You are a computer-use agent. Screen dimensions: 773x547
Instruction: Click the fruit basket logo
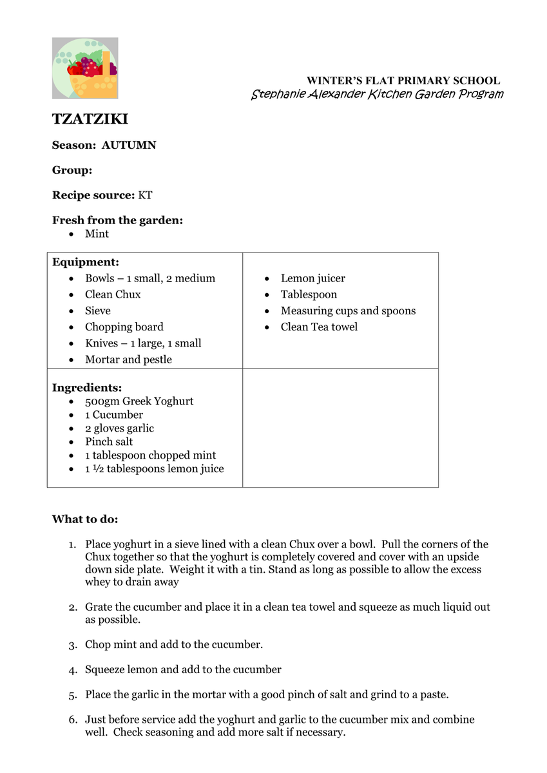click(85, 68)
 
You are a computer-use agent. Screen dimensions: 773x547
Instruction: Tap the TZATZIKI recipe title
click(90, 119)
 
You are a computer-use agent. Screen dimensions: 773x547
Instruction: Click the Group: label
click(72, 170)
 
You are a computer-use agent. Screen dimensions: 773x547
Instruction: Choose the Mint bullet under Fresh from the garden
click(97, 234)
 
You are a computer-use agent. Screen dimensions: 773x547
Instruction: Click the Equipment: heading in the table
click(85, 262)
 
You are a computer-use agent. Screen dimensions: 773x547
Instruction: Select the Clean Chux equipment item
click(113, 294)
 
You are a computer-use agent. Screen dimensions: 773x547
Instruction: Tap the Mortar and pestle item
click(128, 359)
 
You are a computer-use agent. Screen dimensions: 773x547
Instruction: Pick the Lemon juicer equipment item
click(312, 278)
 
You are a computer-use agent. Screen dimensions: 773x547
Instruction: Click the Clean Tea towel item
click(319, 327)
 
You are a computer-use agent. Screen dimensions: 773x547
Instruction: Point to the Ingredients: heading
click(87, 388)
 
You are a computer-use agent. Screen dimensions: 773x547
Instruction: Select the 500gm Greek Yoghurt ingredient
click(139, 401)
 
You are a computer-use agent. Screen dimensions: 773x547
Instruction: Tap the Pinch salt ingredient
click(109, 442)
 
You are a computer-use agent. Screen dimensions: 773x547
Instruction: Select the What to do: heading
click(85, 519)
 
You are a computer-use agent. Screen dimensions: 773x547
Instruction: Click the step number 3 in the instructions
click(73, 645)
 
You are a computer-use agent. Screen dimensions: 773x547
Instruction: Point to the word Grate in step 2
click(98, 607)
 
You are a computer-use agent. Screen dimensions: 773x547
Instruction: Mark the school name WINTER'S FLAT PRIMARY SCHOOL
click(403, 81)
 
